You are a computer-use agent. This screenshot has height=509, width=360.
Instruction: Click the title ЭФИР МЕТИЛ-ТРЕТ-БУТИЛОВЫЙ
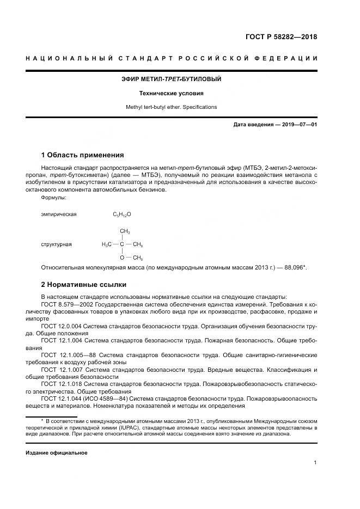[x=171, y=79]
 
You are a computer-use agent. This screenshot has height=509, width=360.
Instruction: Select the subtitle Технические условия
[x=171, y=93]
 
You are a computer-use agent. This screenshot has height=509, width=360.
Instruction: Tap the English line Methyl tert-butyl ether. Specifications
[x=171, y=107]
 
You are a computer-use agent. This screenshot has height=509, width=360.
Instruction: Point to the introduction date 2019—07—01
[x=297, y=125]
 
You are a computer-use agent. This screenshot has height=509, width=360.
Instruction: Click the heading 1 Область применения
[x=82, y=155]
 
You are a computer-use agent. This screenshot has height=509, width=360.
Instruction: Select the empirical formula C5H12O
[x=122, y=214]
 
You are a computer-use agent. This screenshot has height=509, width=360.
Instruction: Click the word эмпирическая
[x=59, y=214]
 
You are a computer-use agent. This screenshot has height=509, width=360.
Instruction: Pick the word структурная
[x=56, y=244]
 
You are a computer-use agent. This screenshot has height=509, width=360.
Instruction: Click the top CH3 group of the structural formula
[x=125, y=231]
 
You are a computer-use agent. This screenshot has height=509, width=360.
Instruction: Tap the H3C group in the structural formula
[x=106, y=244]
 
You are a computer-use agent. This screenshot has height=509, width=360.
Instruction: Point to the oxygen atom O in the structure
[x=122, y=257]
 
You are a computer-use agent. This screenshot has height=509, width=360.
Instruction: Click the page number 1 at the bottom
[x=315, y=463]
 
